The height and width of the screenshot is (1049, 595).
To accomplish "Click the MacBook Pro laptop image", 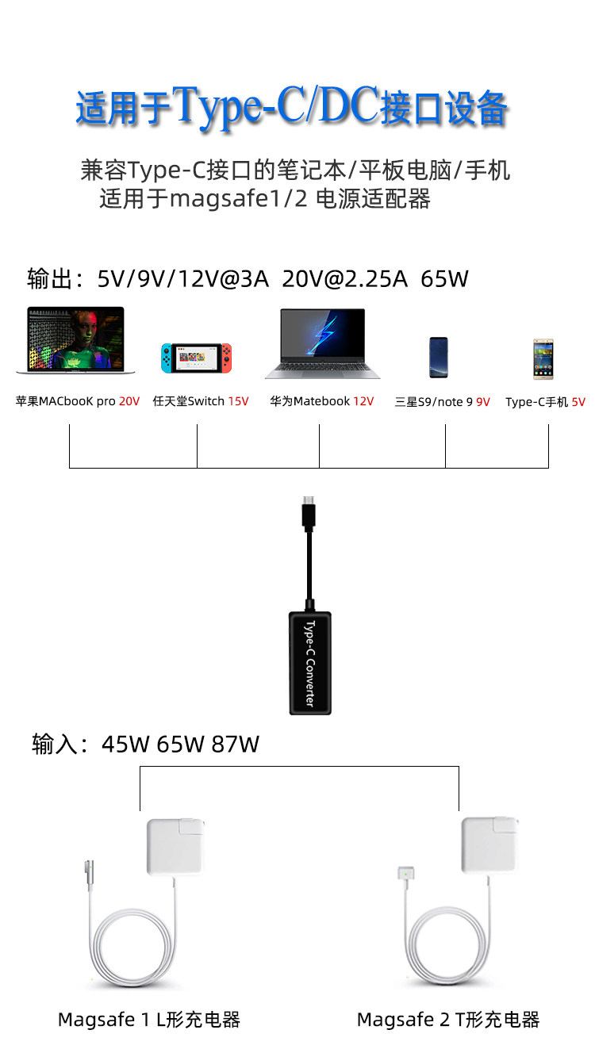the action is click(x=75, y=340).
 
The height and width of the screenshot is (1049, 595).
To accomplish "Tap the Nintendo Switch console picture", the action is click(x=196, y=358).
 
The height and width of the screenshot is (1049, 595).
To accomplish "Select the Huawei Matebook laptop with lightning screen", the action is click(x=323, y=343).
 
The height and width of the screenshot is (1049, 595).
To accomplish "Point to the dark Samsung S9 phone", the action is click(x=439, y=358).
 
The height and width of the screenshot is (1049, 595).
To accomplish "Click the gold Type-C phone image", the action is click(x=543, y=359).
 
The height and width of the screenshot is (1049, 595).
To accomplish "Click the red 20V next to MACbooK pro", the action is click(x=129, y=401).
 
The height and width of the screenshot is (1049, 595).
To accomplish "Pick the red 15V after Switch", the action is click(x=239, y=401).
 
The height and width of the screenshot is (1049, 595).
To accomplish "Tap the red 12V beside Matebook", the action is click(x=363, y=401).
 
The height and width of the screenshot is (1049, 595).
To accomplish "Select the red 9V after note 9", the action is click(x=483, y=402).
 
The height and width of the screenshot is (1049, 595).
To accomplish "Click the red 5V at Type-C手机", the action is click(x=578, y=402).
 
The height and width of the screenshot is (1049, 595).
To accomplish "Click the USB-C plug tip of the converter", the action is click(x=309, y=500).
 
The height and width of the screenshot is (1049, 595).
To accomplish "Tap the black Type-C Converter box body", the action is click(x=310, y=663).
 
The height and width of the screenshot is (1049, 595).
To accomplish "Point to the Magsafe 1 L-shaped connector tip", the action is click(x=89, y=872).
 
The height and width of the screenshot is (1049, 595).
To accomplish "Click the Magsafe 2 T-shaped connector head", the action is click(x=405, y=872).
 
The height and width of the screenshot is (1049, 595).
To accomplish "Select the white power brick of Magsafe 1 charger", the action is click(x=175, y=847).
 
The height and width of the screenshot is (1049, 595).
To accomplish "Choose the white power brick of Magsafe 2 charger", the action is click(x=490, y=845).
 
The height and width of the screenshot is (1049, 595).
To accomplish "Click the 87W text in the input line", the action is click(x=235, y=745).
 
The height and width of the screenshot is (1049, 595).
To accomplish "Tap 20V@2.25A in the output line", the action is click(x=345, y=279).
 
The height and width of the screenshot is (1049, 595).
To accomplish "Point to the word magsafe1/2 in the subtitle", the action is click(x=239, y=199).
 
